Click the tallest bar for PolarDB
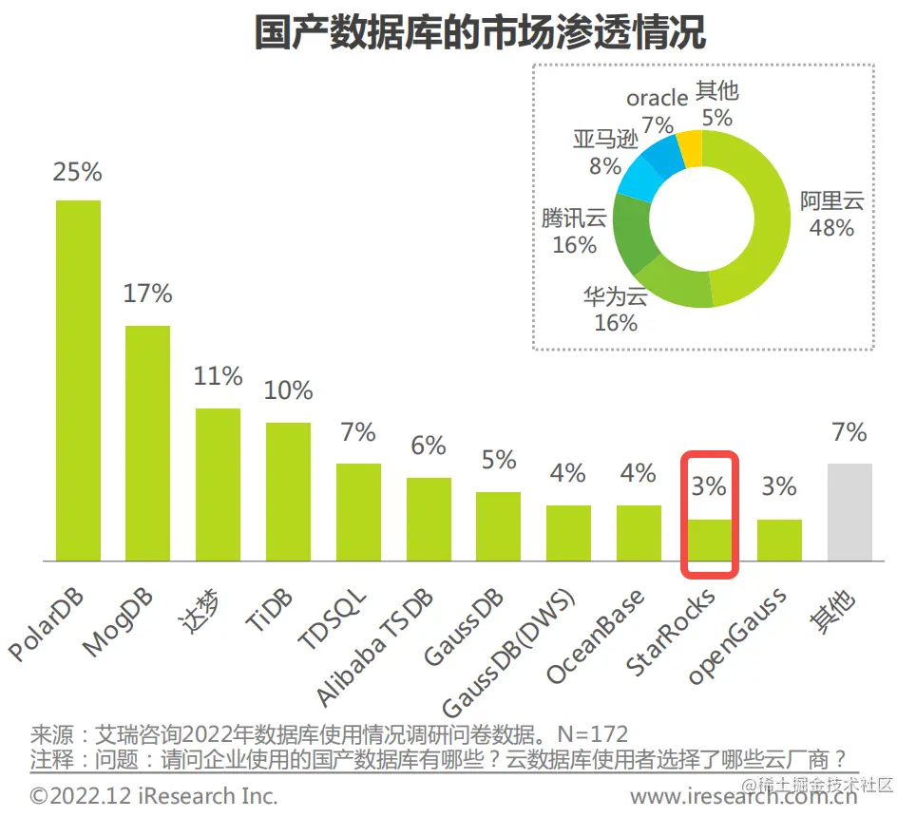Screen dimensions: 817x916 pyautogui.click(x=78, y=380)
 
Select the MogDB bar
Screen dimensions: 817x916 pyautogui.click(x=147, y=443)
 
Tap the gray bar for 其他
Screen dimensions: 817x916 pyautogui.click(x=849, y=512)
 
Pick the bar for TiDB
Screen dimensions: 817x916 pyautogui.click(x=288, y=491)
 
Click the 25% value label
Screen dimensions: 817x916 pyautogui.click(x=77, y=172)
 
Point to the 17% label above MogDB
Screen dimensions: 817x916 pyautogui.click(x=147, y=294)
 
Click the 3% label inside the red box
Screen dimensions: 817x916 pyautogui.click(x=708, y=486)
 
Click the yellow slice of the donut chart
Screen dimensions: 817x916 pyautogui.click(x=690, y=148)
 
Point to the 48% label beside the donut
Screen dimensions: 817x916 pyautogui.click(x=831, y=228)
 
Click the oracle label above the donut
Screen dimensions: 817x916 pyautogui.click(x=657, y=98)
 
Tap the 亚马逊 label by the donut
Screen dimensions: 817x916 pyautogui.click(x=605, y=140)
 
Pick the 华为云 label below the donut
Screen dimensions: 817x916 pyautogui.click(x=615, y=297)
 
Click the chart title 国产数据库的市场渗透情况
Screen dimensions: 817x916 pyautogui.click(x=480, y=32)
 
